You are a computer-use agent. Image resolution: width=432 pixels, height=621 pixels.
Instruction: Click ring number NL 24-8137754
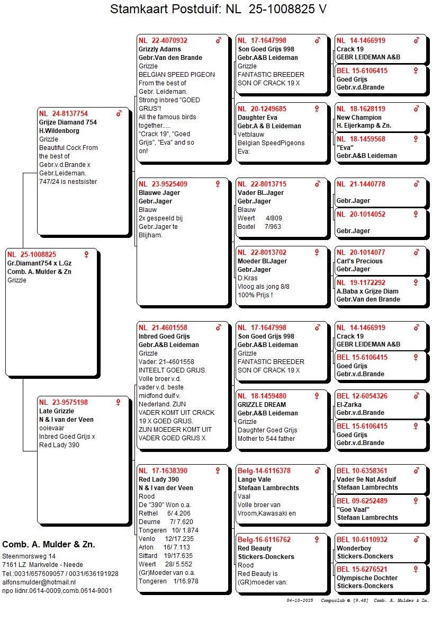tap(64, 114)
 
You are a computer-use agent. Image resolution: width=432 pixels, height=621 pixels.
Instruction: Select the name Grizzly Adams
tap(160, 49)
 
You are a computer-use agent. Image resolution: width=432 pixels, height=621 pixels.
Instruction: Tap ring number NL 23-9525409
tap(163, 184)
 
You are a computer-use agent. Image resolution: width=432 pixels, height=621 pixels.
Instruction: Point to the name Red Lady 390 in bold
tap(158, 480)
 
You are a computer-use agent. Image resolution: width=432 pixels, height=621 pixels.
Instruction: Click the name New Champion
tap(359, 118)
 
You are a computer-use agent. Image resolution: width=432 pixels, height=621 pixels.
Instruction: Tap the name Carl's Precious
tap(359, 261)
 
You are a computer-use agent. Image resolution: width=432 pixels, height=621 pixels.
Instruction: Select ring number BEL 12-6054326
tap(362, 396)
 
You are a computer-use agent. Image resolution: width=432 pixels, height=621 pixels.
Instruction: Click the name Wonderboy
tap(354, 548)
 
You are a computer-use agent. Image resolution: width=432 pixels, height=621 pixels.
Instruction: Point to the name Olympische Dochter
tap(365, 578)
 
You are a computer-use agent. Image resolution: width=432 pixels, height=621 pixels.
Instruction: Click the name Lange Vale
tap(254, 480)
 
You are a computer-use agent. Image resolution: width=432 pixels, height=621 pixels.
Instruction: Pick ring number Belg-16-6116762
tap(264, 540)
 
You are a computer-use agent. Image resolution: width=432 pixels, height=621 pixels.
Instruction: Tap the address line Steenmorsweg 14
tap(29, 556)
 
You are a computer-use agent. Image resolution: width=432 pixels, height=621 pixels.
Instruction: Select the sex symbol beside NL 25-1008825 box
tap(87, 254)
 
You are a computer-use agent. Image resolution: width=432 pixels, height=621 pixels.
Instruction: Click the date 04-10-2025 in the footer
tap(300, 600)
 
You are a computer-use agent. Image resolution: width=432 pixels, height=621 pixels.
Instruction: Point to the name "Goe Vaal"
tap(354, 509)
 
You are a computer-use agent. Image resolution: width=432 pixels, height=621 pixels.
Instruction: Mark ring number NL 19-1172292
tap(361, 283)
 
